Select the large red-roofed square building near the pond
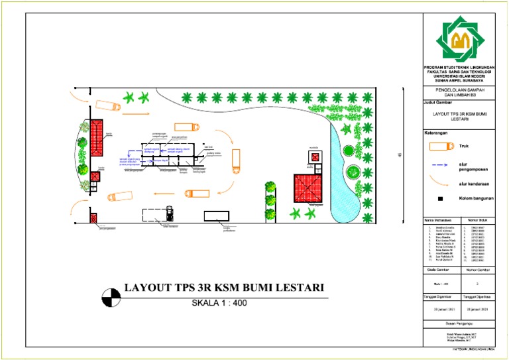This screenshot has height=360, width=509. click(308, 188)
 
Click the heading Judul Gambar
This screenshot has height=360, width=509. click(438, 103)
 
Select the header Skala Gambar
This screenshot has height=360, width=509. click(440, 270)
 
